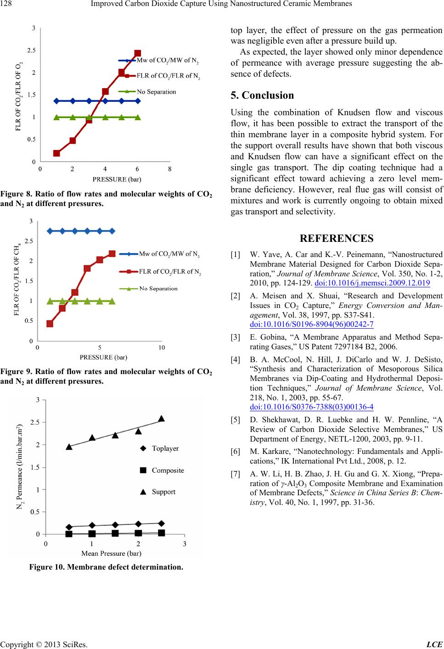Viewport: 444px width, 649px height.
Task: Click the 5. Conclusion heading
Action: click(262, 95)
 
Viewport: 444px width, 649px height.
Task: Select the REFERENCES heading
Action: click(336, 238)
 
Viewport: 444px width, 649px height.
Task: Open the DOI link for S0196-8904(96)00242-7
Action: click(311, 325)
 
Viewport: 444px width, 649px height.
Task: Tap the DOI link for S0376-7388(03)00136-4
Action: click(311, 407)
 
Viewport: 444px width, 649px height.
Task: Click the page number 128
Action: click(7, 4)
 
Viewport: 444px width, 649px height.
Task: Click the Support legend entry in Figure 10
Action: click(163, 492)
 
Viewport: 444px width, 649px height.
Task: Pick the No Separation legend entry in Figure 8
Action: click(156, 91)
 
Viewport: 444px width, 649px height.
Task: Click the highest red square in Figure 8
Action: click(138, 53)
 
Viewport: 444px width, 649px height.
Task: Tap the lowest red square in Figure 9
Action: click(50, 324)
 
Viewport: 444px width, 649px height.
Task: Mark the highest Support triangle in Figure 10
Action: click(162, 418)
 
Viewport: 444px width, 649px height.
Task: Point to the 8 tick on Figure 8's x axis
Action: click(170, 169)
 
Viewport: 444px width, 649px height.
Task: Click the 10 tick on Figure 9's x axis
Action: click(161, 347)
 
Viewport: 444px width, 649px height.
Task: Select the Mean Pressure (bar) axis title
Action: click(111, 553)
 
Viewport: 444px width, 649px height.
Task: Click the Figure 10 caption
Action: click(106, 567)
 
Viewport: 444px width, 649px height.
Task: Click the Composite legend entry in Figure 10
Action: click(168, 470)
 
